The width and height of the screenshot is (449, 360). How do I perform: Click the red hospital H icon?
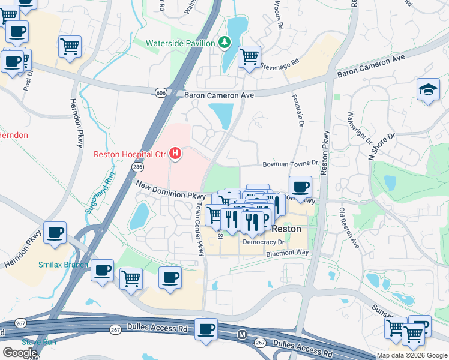pos(175,154)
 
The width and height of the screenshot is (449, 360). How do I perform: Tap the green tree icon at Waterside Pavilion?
pos(224,43)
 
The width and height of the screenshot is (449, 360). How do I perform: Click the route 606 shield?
pos(160,93)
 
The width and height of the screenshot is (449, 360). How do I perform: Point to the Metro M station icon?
pos(243,334)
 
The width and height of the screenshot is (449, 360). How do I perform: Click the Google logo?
pos(19,352)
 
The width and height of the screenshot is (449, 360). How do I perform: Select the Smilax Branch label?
pos(62,264)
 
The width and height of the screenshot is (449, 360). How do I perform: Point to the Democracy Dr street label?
pos(263,242)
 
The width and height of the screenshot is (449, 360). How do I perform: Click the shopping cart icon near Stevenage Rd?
pos(249,57)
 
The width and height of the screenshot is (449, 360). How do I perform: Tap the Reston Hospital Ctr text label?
pos(129,154)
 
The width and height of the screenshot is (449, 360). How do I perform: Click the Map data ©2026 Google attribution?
pos(412,355)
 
